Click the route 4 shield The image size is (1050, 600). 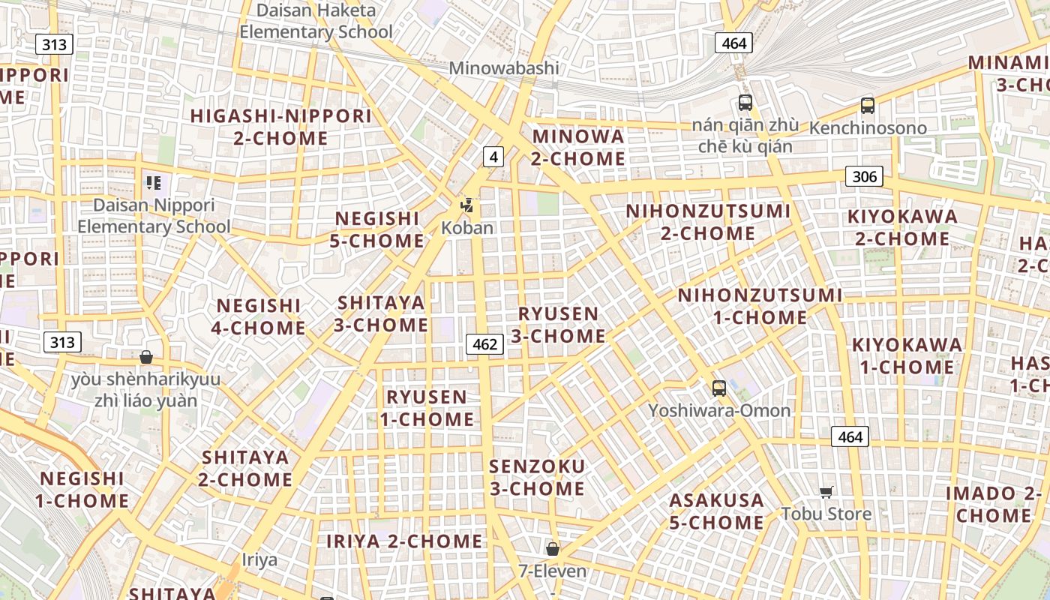[493, 157]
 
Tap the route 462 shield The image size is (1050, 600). [484, 344]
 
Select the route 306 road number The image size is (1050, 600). [864, 176]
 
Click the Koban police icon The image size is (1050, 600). [467, 205]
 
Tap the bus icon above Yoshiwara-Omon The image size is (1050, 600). [718, 388]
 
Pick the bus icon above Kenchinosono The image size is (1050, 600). [868, 105]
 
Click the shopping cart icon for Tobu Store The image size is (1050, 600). [826, 492]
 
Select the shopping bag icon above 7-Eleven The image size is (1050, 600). [553, 549]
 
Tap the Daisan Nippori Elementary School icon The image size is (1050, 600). [154, 183]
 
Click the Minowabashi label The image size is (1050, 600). [504, 68]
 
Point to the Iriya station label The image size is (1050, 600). [259, 559]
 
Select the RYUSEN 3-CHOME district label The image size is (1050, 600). [559, 325]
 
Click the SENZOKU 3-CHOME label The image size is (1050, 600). [537, 478]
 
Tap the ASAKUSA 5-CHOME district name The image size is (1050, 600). [717, 511]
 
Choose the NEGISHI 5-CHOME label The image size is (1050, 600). [377, 229]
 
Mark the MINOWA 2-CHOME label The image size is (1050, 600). [578, 147]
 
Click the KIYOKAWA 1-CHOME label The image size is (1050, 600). [907, 355]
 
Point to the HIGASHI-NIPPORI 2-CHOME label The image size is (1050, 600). [280, 127]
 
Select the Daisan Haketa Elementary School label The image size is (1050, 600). [316, 21]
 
